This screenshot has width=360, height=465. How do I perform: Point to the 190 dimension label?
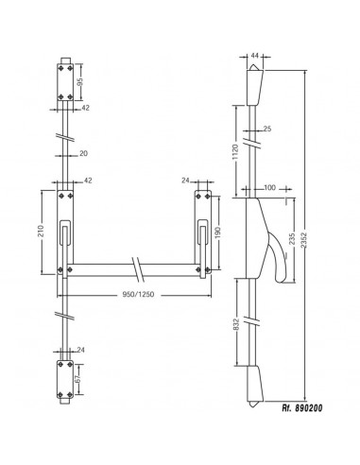click(219, 232)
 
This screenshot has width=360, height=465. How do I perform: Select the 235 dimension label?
click(294, 239)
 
